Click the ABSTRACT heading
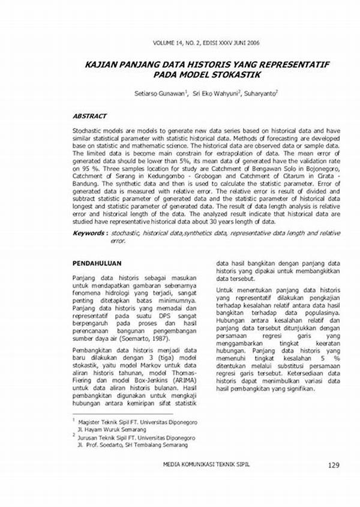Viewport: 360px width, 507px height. (89, 116)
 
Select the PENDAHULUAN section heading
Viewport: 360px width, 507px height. (97, 263)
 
